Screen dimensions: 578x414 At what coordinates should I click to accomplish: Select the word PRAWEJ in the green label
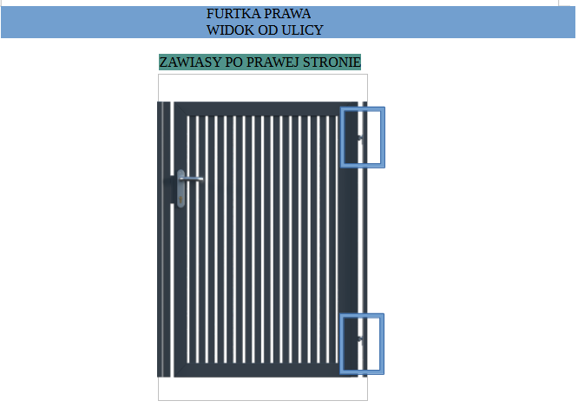tap(273, 62)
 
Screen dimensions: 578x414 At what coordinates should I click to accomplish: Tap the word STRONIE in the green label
tap(332, 62)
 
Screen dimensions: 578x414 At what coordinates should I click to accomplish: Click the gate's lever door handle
tap(191, 179)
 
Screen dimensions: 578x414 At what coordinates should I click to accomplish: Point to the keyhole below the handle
tap(181, 200)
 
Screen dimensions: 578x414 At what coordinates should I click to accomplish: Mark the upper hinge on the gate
tap(360, 138)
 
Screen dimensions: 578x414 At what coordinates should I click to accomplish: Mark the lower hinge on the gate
tap(360, 338)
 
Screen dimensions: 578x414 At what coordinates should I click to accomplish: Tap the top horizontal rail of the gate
tap(266, 108)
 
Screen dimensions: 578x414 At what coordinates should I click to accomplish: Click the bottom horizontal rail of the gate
tap(266, 370)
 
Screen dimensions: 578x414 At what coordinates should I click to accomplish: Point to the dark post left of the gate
tap(164, 240)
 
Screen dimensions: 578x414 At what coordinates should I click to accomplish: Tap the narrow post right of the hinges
tap(365, 240)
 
